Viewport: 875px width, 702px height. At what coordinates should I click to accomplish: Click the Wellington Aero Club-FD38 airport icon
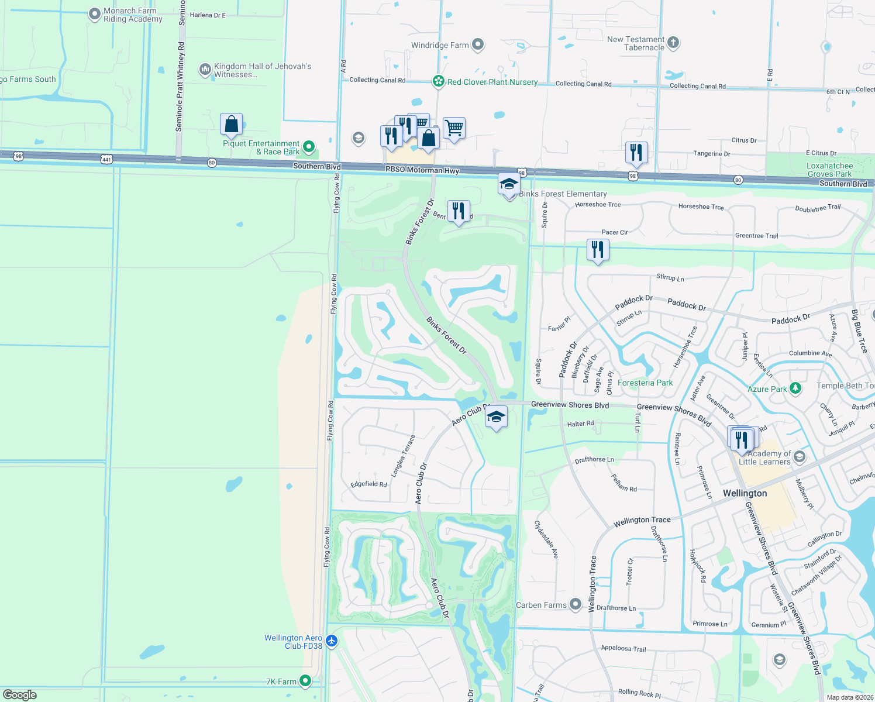click(332, 641)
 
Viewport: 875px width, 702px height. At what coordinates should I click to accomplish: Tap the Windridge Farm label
click(440, 45)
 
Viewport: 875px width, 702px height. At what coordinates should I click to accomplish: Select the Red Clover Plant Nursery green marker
click(438, 81)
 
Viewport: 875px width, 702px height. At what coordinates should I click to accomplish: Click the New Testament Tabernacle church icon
click(673, 42)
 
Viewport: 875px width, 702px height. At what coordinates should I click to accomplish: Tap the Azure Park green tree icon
click(795, 388)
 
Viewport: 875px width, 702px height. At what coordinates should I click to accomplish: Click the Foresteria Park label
click(645, 383)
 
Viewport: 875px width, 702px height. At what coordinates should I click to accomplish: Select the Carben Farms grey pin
click(576, 604)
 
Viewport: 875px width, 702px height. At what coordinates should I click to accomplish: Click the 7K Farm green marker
click(305, 680)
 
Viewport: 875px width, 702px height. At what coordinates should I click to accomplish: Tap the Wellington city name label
click(745, 493)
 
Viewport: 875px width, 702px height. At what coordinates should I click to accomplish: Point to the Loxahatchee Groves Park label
click(829, 170)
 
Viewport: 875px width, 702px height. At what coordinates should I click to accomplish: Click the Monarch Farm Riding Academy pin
click(94, 15)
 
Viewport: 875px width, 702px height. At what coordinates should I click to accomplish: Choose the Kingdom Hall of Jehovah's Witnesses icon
click(205, 70)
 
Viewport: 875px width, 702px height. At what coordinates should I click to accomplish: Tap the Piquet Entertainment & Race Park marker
click(309, 147)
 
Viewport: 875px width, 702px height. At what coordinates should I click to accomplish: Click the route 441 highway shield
click(106, 159)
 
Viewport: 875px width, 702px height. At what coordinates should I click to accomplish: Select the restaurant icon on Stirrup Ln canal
click(597, 250)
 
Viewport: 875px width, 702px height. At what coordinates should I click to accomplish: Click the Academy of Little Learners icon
click(800, 456)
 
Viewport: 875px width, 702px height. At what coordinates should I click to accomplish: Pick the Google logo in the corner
click(20, 695)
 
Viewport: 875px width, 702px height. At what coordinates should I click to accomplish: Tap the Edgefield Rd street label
click(368, 484)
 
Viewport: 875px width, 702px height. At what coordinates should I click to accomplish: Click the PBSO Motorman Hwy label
click(422, 170)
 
